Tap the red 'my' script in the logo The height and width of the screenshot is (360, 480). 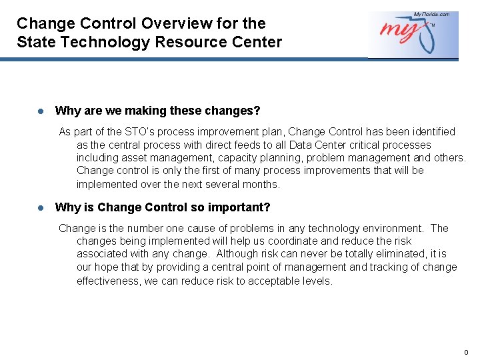399,31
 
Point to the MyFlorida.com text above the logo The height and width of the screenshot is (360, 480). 431,15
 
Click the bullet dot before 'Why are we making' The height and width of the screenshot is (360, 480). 41,111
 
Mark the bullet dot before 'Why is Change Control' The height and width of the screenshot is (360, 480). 41,208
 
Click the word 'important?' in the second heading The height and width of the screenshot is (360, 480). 239,207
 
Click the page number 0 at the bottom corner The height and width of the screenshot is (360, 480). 466,353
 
